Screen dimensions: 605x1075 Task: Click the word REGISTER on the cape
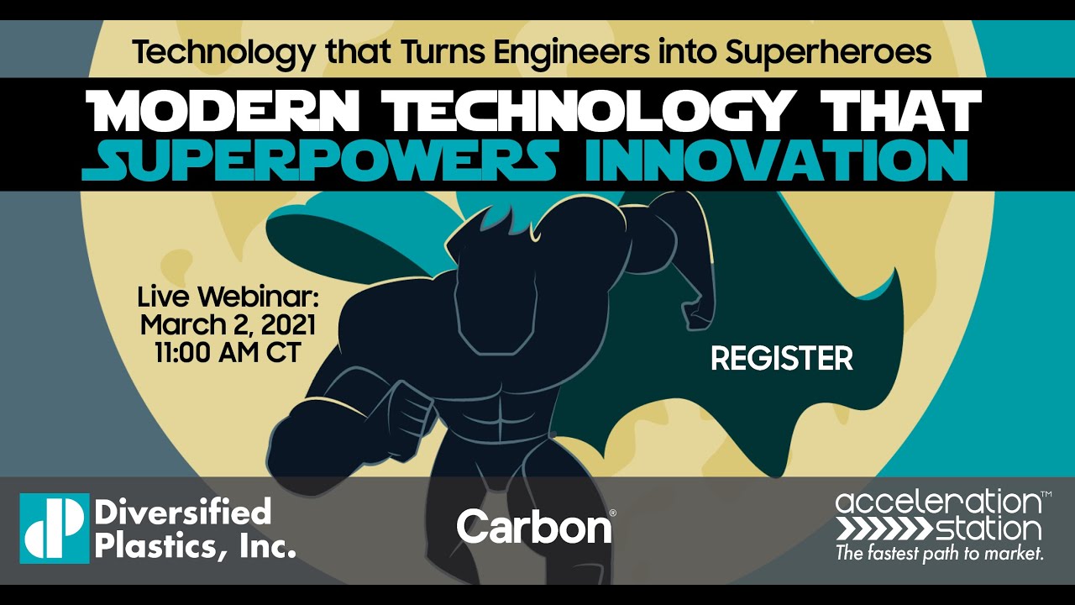point(781,359)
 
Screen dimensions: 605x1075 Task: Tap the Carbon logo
point(535,527)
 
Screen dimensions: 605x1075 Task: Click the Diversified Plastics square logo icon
point(54,527)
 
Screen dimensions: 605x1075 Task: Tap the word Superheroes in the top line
point(828,52)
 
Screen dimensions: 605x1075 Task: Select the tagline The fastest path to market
point(939,553)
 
